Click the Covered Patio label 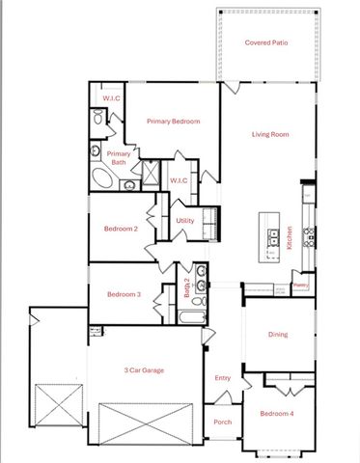[x=266, y=42]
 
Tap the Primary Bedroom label [x=173, y=122]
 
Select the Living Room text [x=270, y=134]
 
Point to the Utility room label [x=185, y=221]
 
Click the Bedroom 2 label [x=122, y=229]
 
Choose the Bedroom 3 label [x=125, y=294]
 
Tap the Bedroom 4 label [x=278, y=415]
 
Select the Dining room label [x=278, y=335]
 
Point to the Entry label [x=223, y=378]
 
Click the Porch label [x=222, y=422]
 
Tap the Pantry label [x=300, y=286]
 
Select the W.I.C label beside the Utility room [x=179, y=180]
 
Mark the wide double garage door [x=149, y=422]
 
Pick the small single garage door [x=55, y=402]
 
